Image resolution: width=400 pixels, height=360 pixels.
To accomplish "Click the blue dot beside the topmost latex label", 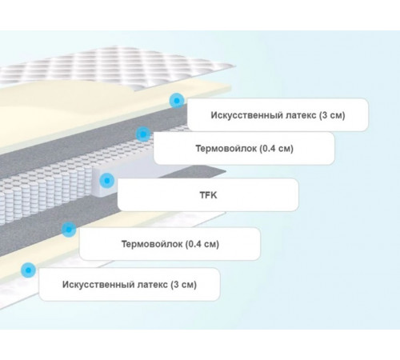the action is click(x=177, y=101).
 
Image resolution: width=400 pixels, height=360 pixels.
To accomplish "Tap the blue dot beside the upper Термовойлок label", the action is click(x=143, y=134).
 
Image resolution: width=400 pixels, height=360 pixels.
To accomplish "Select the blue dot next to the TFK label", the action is click(x=107, y=181).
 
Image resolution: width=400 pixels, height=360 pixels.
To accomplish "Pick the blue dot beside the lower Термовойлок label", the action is click(x=69, y=229).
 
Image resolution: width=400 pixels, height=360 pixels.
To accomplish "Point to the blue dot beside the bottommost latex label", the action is click(x=28, y=270).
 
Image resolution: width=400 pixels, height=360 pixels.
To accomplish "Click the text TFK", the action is click(x=208, y=195).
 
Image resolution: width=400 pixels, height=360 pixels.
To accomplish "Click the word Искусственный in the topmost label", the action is click(x=246, y=115).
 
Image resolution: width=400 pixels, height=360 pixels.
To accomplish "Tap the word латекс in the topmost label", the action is click(x=301, y=115).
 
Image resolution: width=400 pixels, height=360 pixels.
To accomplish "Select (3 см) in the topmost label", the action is click(x=332, y=115).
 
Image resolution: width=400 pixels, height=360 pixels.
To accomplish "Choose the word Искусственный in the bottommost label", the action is click(x=98, y=285).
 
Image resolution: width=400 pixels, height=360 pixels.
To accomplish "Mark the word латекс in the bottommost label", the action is click(x=153, y=285).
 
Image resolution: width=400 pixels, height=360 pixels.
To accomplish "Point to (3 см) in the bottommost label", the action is click(x=184, y=285).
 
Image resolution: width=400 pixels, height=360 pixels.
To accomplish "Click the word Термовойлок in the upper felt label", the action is click(x=226, y=148).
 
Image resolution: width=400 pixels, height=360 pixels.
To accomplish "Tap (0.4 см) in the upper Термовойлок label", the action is click(x=277, y=148).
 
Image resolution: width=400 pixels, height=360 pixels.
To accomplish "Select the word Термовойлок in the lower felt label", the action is click(x=152, y=244).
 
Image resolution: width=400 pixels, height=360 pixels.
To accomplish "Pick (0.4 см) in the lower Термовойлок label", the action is click(x=202, y=244).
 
